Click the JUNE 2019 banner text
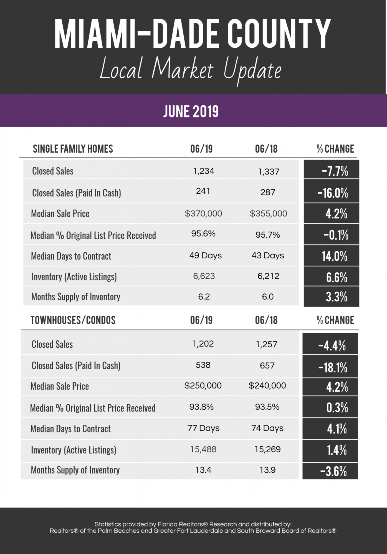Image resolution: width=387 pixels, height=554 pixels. tap(191, 111)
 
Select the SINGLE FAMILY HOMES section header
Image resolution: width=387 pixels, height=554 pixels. tap(73, 149)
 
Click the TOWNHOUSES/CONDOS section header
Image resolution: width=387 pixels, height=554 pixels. tap(73, 320)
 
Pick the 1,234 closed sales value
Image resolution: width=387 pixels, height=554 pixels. tap(204, 171)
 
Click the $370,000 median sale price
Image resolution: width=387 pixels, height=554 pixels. tap(203, 214)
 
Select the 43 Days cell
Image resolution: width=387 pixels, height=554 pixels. tap(268, 255)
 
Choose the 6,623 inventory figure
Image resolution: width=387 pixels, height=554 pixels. tap(204, 276)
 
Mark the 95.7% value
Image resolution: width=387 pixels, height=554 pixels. tap(267, 235)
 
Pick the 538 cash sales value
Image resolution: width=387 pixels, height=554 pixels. tap(203, 365)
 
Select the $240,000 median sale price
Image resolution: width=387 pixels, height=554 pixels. tap(267, 386)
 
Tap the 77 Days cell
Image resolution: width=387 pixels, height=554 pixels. tap(203, 428)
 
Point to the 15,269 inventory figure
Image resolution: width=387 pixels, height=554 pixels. tap(267, 449)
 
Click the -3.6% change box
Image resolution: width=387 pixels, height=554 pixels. tap(330, 471)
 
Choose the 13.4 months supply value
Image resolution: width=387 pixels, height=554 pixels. tap(203, 470)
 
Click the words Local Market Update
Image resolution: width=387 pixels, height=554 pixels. tap(191, 69)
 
